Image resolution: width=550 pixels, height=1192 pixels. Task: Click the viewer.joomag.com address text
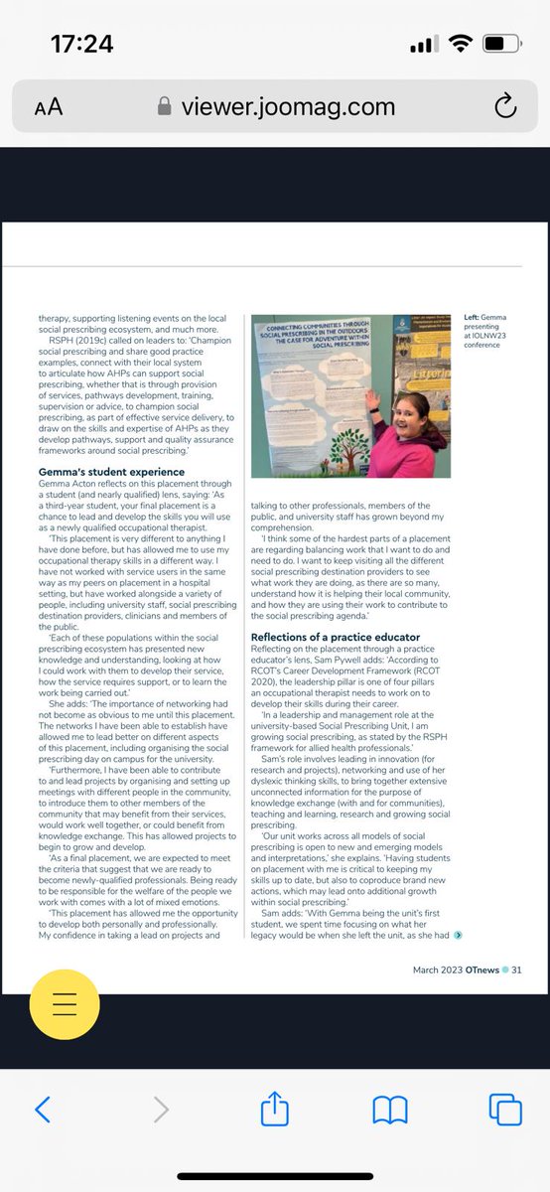pyautogui.click(x=288, y=106)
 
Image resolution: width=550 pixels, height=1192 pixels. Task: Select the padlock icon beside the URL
pyautogui.click(x=165, y=106)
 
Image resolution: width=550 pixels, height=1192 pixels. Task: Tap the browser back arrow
pyautogui.click(x=42, y=1109)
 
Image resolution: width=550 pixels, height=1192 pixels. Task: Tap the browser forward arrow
pyautogui.click(x=160, y=1109)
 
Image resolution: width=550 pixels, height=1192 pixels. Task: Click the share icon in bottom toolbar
pyautogui.click(x=274, y=1108)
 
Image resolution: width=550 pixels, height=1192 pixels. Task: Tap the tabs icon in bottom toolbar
pyautogui.click(x=504, y=1109)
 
